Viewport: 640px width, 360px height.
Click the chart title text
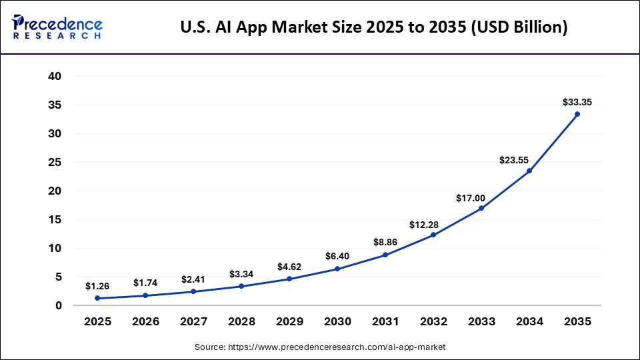pos(374,27)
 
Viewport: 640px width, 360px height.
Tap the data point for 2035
pos(577,114)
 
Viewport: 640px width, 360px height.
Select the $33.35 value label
pos(577,102)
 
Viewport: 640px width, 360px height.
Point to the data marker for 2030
pos(337,269)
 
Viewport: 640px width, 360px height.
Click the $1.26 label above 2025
pos(97,286)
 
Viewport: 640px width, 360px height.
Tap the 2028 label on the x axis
pos(241,321)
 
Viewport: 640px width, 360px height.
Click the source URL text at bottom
pos(320,347)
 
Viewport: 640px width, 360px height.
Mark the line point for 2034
pos(529,171)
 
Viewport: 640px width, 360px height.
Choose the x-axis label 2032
pos(433,321)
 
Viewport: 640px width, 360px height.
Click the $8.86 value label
pos(385,243)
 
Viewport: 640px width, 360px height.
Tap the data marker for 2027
pos(193,291)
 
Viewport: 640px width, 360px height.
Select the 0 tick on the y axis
pos(59,305)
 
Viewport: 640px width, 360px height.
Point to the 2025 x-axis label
pos(97,321)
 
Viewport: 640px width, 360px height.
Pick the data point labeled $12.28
pos(433,235)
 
